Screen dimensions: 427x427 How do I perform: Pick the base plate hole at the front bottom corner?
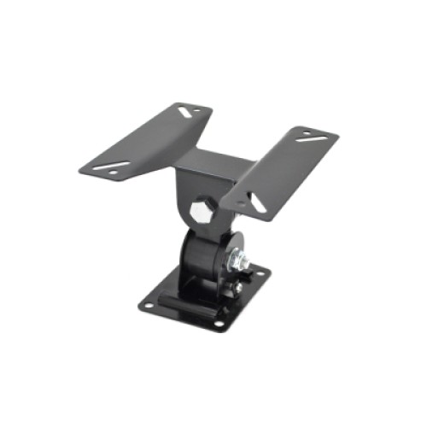(218, 324)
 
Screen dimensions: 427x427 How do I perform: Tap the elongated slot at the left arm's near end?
(114, 165)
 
